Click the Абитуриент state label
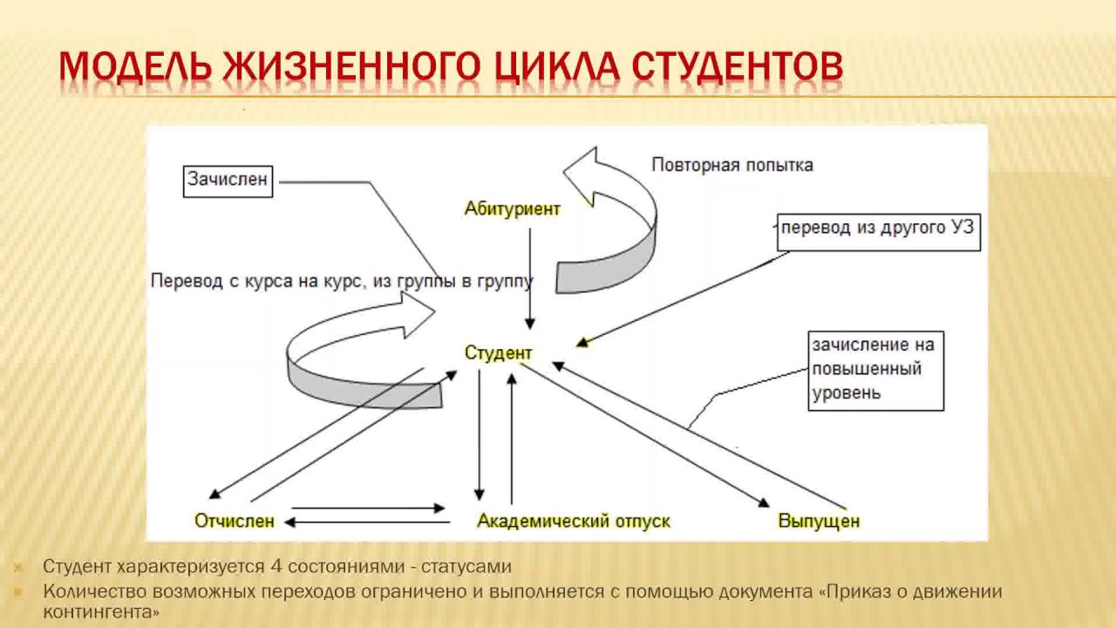pos(513,209)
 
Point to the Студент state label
pos(498,353)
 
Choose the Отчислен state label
pos(235,522)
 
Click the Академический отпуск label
pos(574,522)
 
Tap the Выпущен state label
pos(819,522)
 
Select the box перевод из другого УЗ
pos(878,229)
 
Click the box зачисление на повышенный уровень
pos(875,369)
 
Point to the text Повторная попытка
pos(732,165)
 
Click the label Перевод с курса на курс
pos(253,282)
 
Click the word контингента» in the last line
pos(101,612)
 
